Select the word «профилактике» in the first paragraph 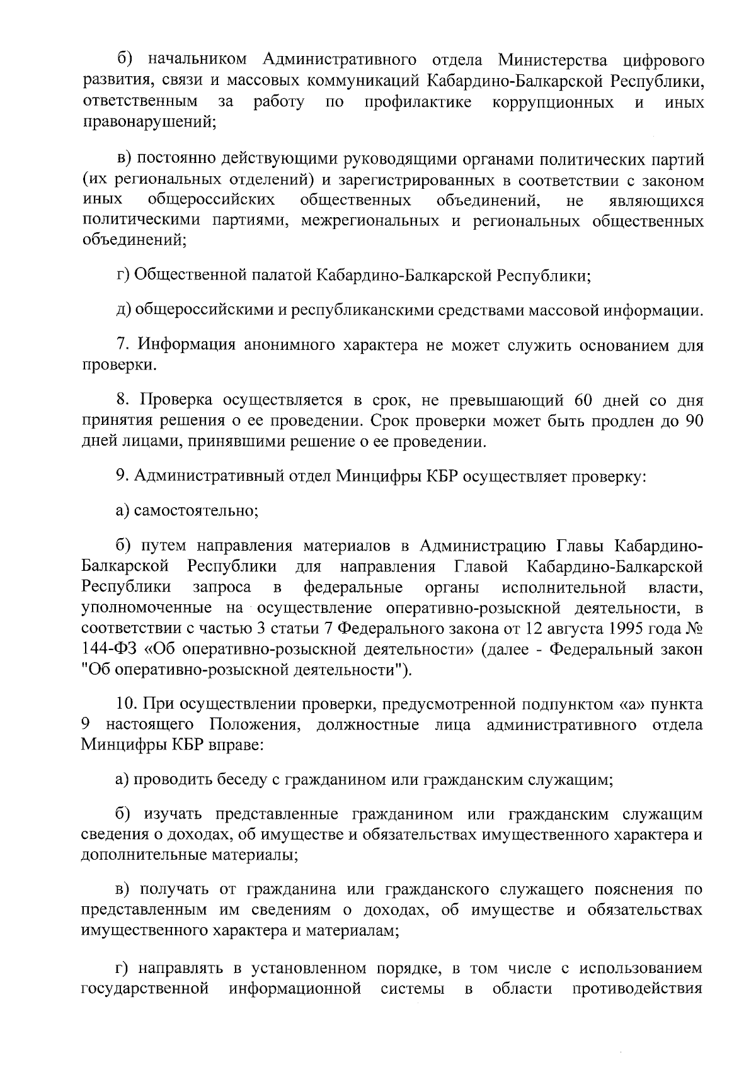click(418, 102)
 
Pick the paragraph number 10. click(126, 704)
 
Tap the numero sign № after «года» click(694, 629)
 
